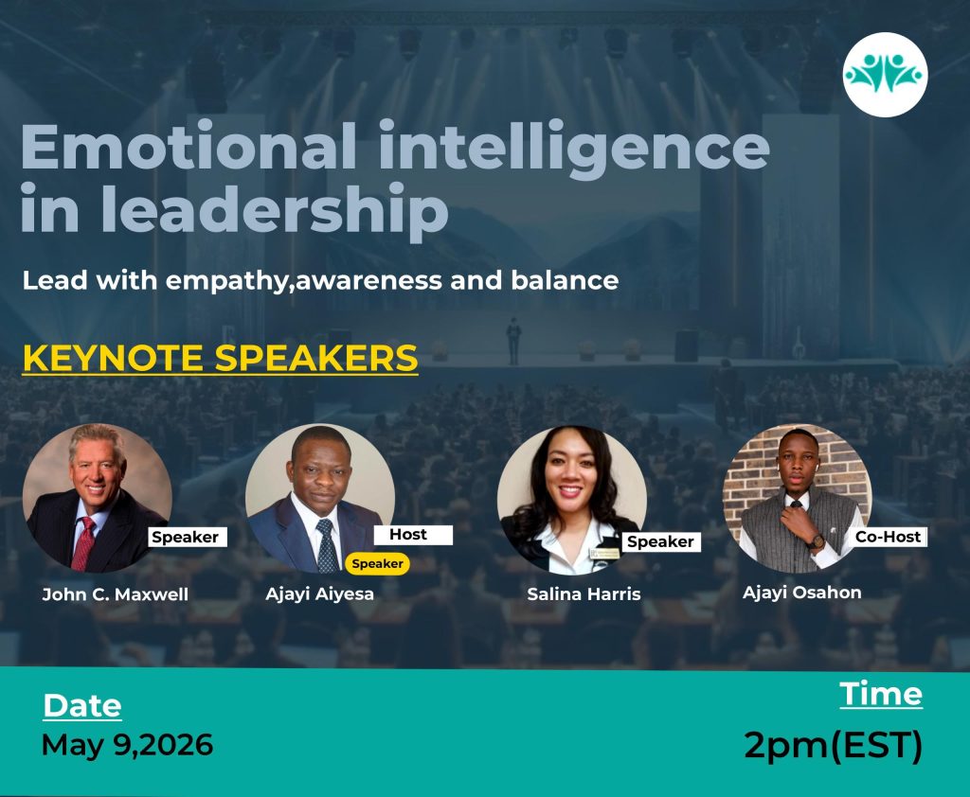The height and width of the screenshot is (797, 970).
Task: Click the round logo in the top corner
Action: [885, 74]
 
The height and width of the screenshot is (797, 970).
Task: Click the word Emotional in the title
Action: [189, 146]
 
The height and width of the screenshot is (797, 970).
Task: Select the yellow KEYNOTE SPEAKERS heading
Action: [220, 358]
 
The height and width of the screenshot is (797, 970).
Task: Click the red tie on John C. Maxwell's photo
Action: [83, 543]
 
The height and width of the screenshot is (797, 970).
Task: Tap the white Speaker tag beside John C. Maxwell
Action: [188, 537]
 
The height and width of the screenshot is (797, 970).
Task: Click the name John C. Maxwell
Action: [115, 594]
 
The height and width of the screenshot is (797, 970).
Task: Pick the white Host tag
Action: [413, 534]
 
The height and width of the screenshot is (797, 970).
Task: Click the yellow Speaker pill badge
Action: [377, 563]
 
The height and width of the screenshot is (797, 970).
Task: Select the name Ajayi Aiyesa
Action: [319, 593]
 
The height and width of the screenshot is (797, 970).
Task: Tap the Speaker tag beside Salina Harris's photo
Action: [660, 541]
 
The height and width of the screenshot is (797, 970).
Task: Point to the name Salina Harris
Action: [584, 594]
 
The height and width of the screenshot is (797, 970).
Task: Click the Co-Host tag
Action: [888, 537]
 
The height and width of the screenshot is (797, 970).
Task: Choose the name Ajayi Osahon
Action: [801, 593]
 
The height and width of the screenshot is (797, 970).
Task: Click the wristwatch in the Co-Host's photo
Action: [816, 541]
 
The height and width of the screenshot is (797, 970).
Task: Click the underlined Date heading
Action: [82, 705]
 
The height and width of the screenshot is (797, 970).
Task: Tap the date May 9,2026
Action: [128, 744]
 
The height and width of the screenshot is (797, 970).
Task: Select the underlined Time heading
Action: [881, 694]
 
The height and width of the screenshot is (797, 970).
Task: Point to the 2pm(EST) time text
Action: [834, 745]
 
